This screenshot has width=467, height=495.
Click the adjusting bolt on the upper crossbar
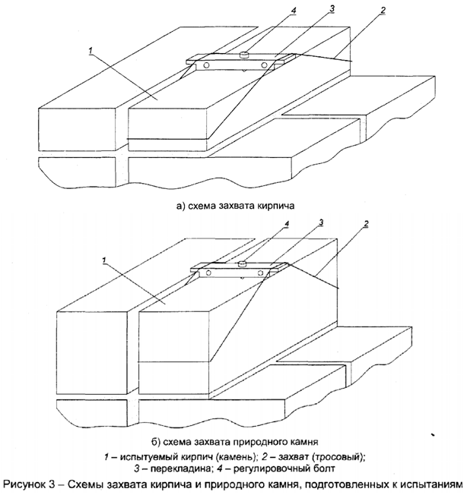244,54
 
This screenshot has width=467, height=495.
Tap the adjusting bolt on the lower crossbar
240,263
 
